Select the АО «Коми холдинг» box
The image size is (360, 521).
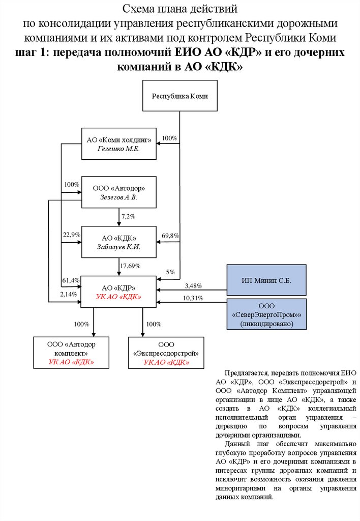[119, 144]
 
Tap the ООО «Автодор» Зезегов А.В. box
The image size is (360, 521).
[119, 192]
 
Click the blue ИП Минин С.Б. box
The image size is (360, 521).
[266, 280]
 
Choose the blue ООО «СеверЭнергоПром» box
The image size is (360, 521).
[266, 314]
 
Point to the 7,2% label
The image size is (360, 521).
[128, 217]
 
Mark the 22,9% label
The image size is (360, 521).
[71, 235]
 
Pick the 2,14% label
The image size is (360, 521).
[68, 294]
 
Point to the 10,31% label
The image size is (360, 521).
[193, 298]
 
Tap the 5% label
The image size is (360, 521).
[170, 271]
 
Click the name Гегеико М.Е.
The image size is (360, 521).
[118, 149]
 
